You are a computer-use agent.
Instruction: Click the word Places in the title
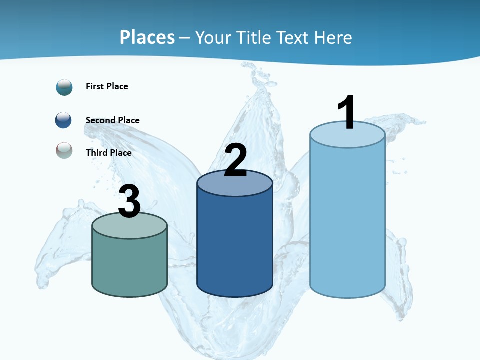(147, 37)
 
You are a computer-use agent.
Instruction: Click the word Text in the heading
(294, 37)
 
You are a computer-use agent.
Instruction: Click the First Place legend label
(107, 86)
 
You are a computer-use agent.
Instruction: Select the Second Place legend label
(112, 120)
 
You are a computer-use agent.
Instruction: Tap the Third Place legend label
(108, 153)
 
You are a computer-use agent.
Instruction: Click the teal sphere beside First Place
(64, 87)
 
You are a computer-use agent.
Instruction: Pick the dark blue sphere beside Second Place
(63, 120)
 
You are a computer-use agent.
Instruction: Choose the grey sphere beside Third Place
(64, 150)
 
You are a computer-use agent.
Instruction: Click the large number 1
(346, 113)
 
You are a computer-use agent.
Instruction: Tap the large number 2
(235, 160)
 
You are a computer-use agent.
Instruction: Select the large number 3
(130, 201)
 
